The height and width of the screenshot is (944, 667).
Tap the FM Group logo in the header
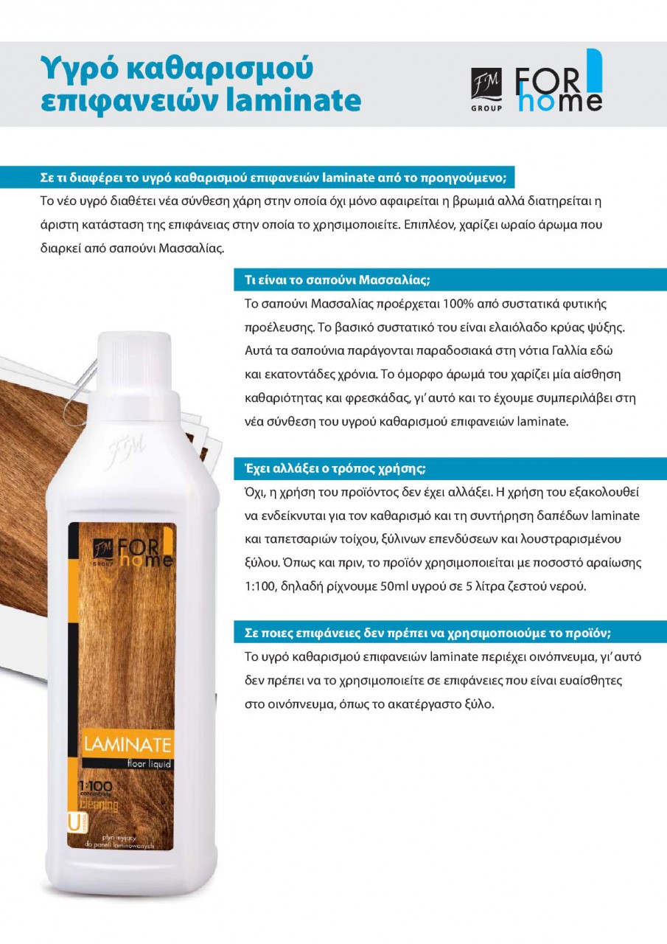tap(486, 89)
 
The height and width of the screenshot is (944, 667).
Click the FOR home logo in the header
tap(559, 80)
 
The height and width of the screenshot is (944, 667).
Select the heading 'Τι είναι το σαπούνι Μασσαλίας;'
tap(338, 280)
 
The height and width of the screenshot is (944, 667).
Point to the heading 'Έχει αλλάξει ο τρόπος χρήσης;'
tap(335, 468)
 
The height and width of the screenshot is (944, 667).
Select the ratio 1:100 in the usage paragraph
tap(259, 586)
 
